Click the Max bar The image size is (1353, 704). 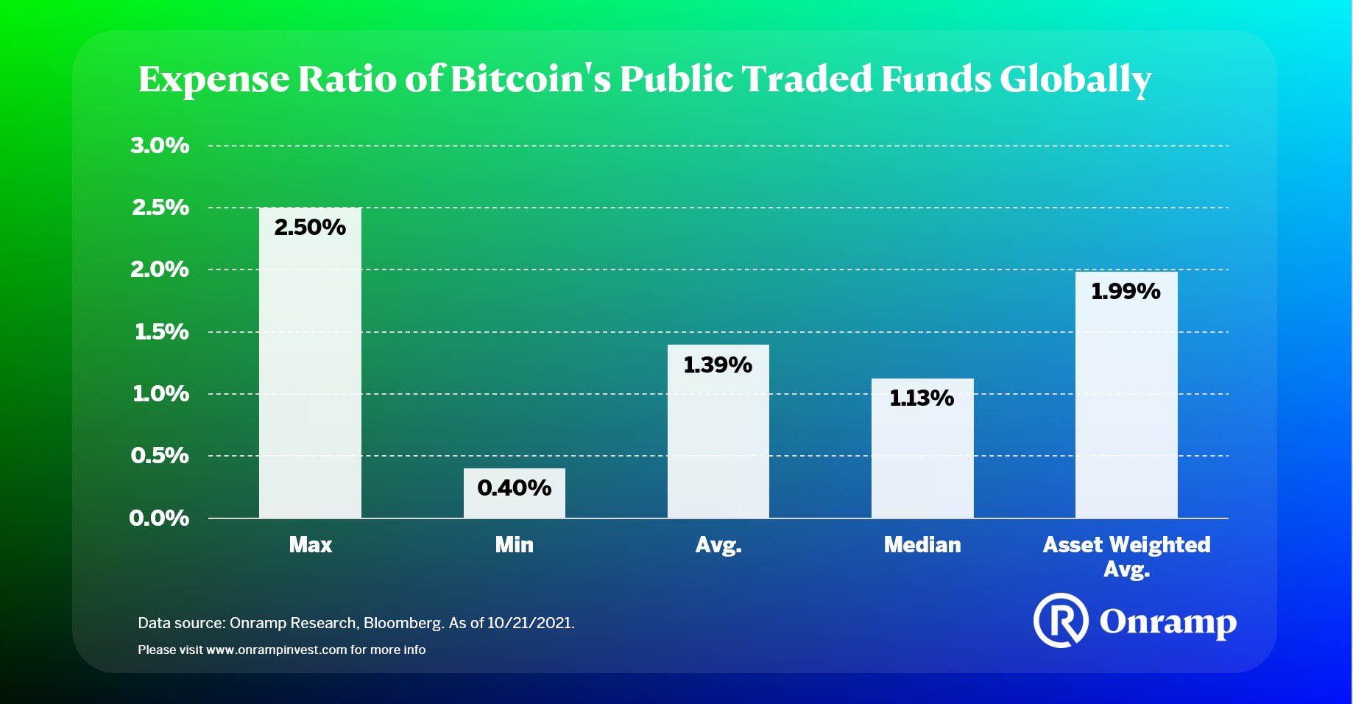pyautogui.click(x=310, y=368)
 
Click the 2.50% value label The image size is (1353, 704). pyautogui.click(x=310, y=228)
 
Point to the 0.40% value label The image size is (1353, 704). pyautogui.click(x=514, y=487)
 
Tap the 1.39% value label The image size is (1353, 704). pyautogui.click(x=718, y=365)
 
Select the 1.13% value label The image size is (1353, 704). pyautogui.click(x=922, y=398)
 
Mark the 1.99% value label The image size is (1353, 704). pyautogui.click(x=1126, y=292)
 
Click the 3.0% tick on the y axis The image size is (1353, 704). pyautogui.click(x=160, y=146)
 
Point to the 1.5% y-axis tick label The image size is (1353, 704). pyautogui.click(x=161, y=332)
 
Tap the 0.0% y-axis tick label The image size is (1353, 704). pyautogui.click(x=159, y=518)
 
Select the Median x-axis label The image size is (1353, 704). pyautogui.click(x=922, y=545)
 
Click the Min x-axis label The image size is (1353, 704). pyautogui.click(x=514, y=545)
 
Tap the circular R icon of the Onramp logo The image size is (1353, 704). pyautogui.click(x=1060, y=620)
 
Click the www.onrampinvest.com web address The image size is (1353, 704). pyautogui.click(x=276, y=650)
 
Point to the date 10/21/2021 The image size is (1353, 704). pyautogui.click(x=529, y=623)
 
